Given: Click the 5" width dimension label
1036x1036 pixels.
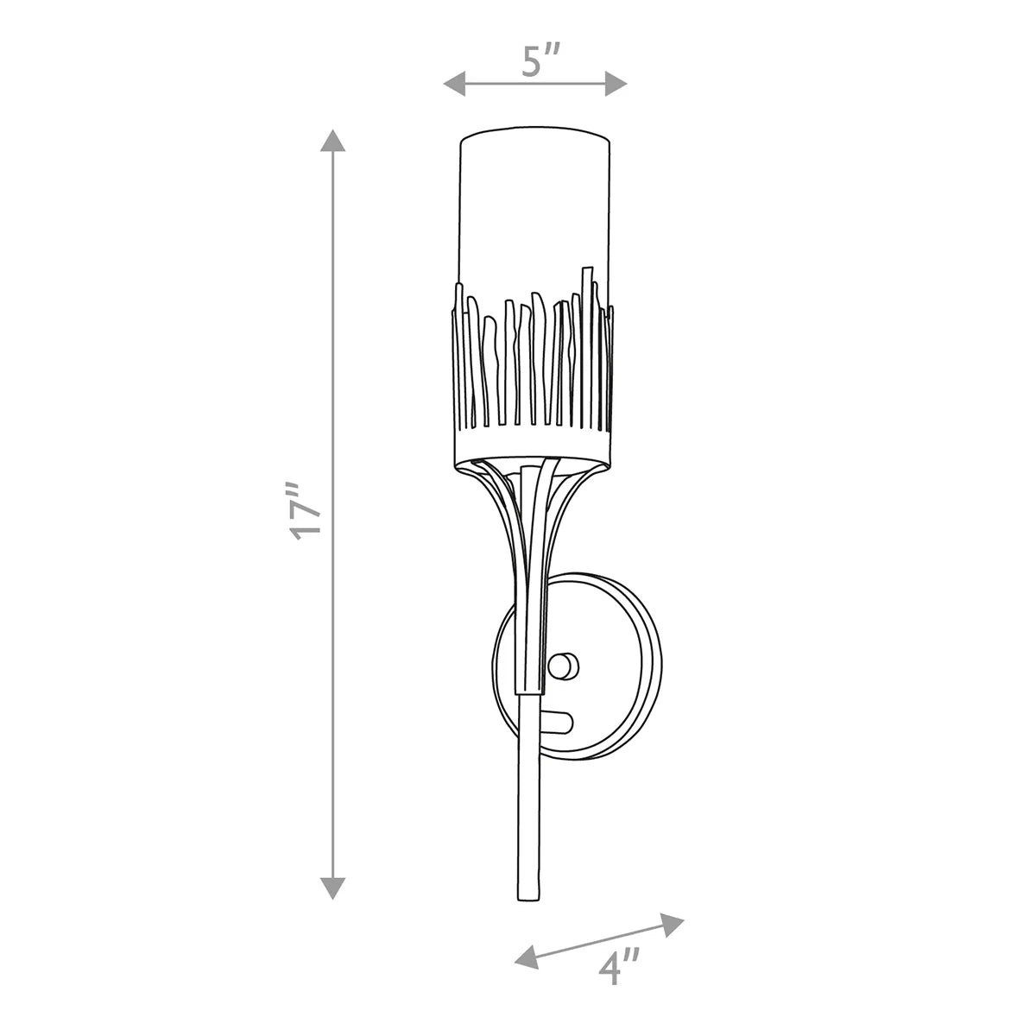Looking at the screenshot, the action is tap(541, 60).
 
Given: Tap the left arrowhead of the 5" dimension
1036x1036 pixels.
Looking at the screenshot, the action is tap(454, 84).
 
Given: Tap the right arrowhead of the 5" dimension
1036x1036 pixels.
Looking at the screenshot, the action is tap(616, 84).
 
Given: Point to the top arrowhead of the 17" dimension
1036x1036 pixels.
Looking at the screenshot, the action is tap(332, 141).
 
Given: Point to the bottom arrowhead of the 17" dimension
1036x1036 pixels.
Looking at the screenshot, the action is tap(332, 888).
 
